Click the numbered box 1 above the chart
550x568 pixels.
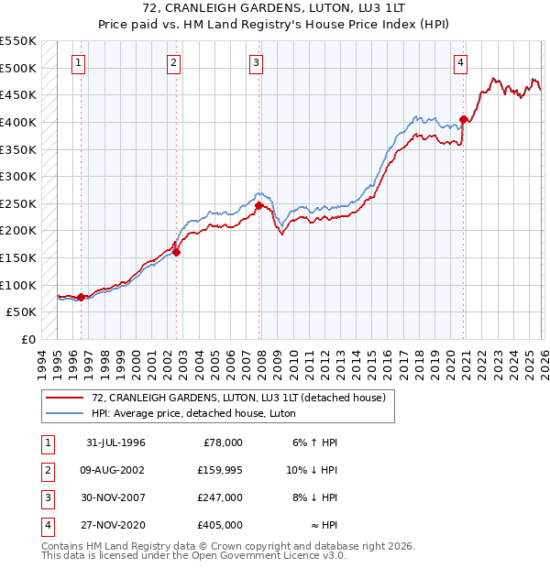click(x=79, y=63)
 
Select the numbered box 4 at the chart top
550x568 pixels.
click(x=460, y=63)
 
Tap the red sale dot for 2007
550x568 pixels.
click(x=258, y=206)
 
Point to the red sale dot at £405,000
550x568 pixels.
click(x=464, y=119)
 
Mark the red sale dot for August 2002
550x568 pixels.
click(x=177, y=253)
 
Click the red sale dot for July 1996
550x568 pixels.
click(x=82, y=297)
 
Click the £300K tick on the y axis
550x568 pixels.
click(x=19, y=177)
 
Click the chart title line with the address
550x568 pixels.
click(x=274, y=9)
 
